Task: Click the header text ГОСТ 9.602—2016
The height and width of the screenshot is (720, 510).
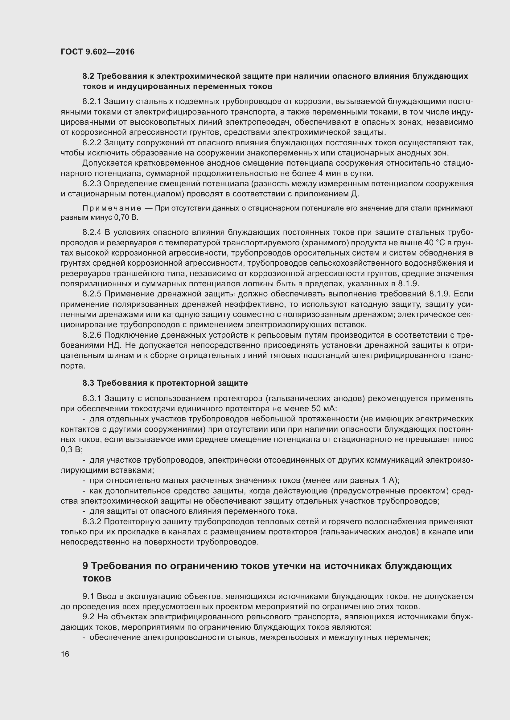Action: (97, 52)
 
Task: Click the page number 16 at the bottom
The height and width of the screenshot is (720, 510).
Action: (65, 654)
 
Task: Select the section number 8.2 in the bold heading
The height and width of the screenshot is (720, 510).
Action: (88, 76)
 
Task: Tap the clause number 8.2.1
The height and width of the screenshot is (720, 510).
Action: (92, 101)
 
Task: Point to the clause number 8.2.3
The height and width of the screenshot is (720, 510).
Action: (92, 183)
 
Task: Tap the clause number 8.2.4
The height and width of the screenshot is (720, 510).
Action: (92, 232)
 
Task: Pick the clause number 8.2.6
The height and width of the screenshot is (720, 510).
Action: (92, 335)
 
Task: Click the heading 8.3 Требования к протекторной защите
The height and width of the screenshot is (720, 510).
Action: (165, 383)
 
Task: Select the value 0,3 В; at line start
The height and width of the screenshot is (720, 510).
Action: (72, 450)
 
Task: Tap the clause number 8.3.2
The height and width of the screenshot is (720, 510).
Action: (92, 521)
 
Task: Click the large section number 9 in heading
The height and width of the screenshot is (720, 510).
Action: (85, 566)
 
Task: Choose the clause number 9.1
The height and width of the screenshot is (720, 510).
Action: (88, 596)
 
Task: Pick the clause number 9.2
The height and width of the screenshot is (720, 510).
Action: (88, 617)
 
